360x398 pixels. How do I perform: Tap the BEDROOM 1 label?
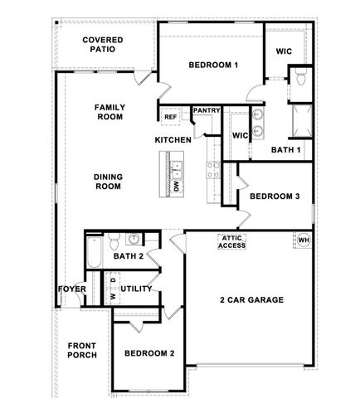[x=213, y=65]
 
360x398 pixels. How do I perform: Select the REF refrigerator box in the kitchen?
[x=171, y=117]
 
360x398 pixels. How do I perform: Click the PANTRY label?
[x=205, y=111]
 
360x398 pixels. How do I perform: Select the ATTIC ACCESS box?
[x=232, y=241]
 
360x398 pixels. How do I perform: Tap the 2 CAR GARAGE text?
[x=251, y=300]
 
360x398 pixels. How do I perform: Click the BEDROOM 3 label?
[x=275, y=197]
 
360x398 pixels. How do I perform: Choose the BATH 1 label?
[x=287, y=150]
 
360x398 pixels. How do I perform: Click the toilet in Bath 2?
[x=133, y=241]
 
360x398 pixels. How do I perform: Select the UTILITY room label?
[x=136, y=289]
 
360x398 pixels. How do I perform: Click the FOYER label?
[x=72, y=289]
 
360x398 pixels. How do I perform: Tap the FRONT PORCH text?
[x=82, y=349]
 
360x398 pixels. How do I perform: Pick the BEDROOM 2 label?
[x=149, y=353]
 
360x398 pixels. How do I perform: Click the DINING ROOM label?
[x=108, y=181]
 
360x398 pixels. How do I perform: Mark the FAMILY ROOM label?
[x=109, y=112]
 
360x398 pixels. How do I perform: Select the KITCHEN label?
[x=173, y=140]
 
